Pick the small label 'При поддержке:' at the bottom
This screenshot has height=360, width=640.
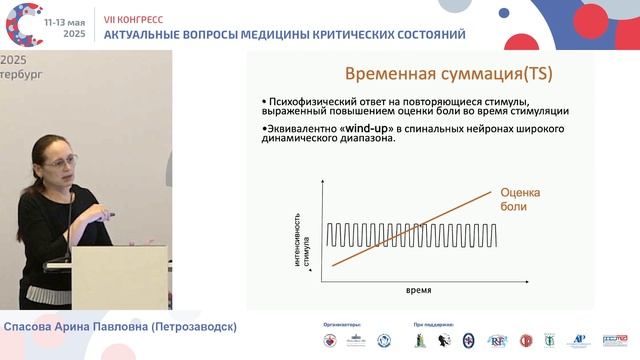point(433,325)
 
